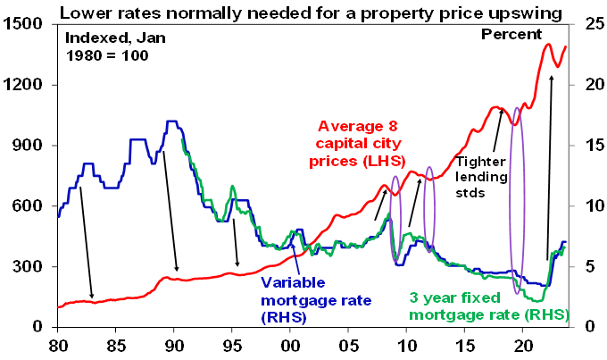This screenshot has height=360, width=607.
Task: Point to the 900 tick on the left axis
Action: (x=34, y=146)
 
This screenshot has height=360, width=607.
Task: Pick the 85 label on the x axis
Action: (x=116, y=345)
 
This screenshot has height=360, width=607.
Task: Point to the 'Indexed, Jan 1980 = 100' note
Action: (x=106, y=47)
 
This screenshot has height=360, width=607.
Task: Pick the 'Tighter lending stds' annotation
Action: (x=483, y=175)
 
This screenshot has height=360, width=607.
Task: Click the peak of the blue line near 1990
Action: (x=173, y=121)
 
